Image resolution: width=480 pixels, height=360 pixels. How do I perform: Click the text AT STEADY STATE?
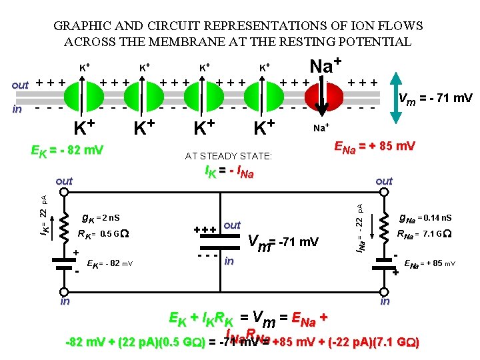pos(229,157)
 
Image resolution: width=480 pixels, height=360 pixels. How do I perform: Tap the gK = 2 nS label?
pos(100,217)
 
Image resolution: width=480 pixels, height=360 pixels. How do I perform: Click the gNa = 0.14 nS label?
pos(424,217)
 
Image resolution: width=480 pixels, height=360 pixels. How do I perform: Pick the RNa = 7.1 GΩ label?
pos(424,234)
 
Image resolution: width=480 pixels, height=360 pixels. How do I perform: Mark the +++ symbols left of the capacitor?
pos(205,230)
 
